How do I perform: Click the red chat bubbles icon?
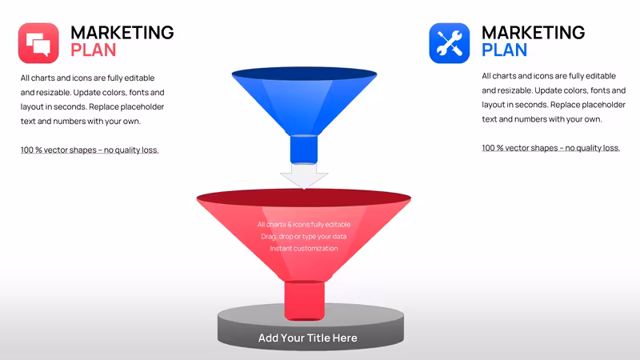click(x=38, y=43)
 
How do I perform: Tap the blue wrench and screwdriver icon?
click(x=450, y=43)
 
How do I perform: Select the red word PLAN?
click(x=94, y=50)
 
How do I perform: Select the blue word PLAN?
click(x=505, y=50)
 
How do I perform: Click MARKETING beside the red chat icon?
click(x=122, y=33)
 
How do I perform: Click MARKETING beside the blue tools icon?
click(x=534, y=33)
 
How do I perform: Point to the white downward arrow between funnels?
click(x=304, y=175)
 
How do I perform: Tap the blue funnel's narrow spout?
click(x=304, y=149)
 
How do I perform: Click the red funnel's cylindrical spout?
click(x=304, y=300)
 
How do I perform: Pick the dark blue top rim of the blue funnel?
click(x=304, y=74)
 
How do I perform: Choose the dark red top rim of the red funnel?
click(x=304, y=198)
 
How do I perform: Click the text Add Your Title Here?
click(x=308, y=338)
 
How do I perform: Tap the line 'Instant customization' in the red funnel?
click(x=304, y=248)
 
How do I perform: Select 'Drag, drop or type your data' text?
click(x=304, y=236)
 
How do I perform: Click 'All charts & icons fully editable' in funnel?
click(x=304, y=225)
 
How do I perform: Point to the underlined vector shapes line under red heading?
click(x=90, y=150)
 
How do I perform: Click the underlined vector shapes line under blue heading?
click(x=551, y=148)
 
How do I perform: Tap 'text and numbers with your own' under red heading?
click(x=81, y=122)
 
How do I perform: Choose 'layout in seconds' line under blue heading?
click(x=554, y=105)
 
